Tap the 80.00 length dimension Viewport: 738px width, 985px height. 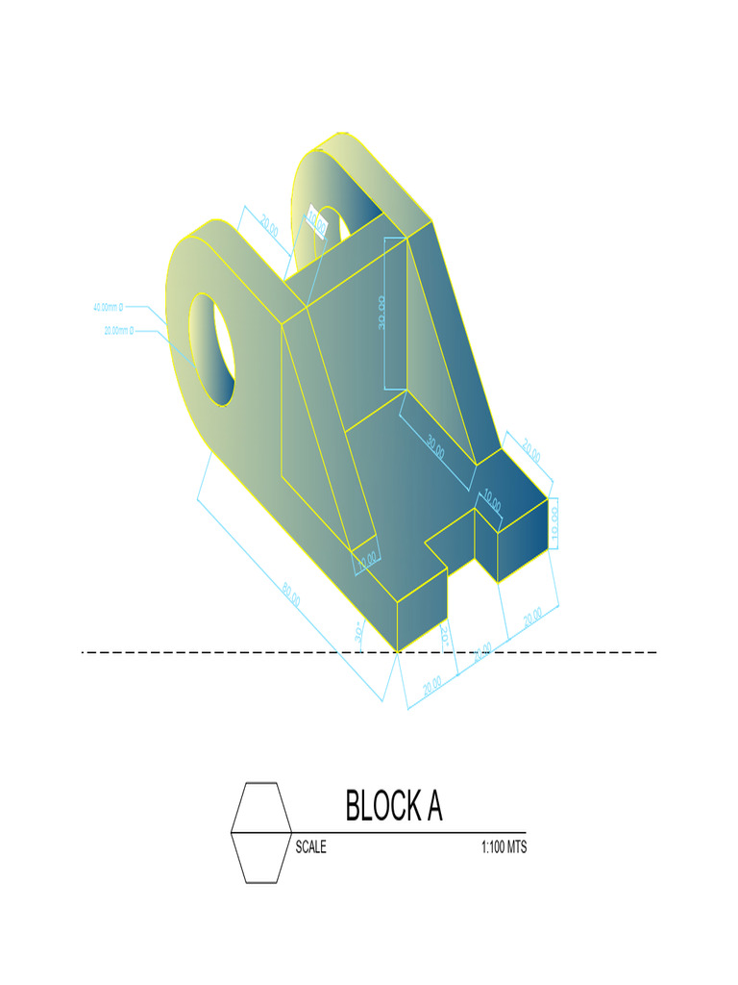291,595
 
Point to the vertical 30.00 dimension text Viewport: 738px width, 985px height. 381,313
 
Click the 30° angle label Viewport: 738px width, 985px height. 357,633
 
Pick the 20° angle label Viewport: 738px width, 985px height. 445,635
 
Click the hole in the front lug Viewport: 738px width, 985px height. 213,348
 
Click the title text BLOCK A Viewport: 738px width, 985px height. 394,806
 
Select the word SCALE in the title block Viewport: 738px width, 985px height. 310,847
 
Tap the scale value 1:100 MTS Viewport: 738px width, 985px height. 504,847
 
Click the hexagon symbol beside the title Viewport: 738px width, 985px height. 261,832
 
